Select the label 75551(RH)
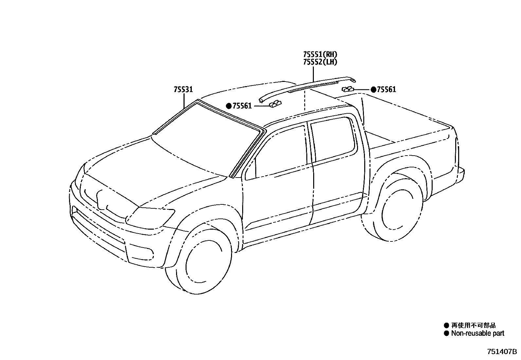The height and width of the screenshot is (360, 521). [320, 54]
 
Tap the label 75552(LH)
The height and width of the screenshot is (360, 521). [320, 62]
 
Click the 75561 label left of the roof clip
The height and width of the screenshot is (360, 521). [242, 106]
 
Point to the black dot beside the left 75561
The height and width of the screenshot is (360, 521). [229, 106]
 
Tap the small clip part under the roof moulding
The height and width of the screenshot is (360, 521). [274, 104]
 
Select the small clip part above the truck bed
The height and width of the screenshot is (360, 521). [348, 89]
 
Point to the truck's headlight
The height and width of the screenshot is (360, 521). [151, 216]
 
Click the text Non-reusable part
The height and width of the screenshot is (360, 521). [477, 333]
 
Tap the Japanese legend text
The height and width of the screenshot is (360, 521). [473, 325]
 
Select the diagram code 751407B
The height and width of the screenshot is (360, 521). [502, 352]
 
